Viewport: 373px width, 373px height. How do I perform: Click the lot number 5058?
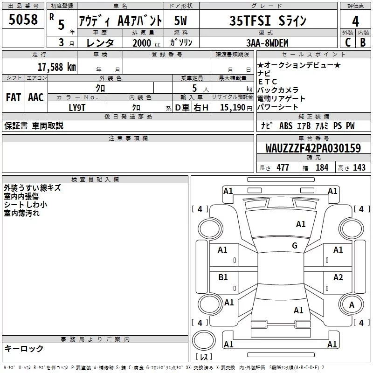(x=23, y=19)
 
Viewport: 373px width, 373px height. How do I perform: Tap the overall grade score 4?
(x=355, y=21)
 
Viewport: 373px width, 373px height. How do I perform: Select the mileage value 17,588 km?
(x=56, y=67)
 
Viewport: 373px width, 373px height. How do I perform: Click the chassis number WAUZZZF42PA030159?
(x=313, y=148)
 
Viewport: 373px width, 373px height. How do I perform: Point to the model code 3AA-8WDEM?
(x=267, y=43)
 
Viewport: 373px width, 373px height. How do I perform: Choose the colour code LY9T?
(x=77, y=108)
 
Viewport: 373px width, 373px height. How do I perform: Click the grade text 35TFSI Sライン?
(x=268, y=21)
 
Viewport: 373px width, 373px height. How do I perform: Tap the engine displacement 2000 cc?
(x=146, y=43)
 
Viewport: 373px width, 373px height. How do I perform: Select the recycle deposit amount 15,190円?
(x=236, y=108)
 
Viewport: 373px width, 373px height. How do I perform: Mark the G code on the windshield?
(x=295, y=245)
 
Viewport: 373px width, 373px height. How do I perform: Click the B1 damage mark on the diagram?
(x=223, y=277)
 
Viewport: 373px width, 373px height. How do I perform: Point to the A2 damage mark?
(x=338, y=277)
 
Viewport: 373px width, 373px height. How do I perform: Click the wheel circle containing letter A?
(x=351, y=304)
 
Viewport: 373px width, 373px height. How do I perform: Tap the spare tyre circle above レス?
(x=204, y=340)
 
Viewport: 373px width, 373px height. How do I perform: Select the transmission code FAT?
(x=14, y=97)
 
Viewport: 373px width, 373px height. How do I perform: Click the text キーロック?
(x=24, y=348)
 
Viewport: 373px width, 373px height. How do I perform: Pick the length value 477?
(x=283, y=167)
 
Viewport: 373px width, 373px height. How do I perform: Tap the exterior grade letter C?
(x=348, y=42)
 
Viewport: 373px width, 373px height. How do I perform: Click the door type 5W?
(x=180, y=21)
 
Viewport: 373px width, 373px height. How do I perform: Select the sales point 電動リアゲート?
(x=281, y=98)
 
